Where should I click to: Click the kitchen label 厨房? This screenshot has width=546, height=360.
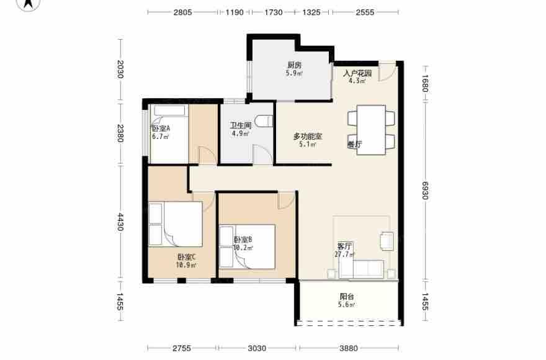294,65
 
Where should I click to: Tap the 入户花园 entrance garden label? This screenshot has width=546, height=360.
357,73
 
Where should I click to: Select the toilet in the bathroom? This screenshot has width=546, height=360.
264,121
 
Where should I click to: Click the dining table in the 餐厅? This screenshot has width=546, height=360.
371,130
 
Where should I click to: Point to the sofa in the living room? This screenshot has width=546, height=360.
362,269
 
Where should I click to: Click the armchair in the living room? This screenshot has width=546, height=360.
387,241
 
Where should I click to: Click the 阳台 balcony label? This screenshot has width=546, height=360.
347,297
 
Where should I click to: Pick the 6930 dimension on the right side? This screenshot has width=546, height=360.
425,191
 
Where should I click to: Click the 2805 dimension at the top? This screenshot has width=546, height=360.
183,12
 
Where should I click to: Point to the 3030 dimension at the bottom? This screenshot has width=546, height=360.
257,348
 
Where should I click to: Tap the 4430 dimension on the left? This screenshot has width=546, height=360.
120,222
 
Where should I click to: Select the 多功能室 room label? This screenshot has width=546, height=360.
308,137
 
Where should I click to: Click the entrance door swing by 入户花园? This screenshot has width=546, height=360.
387,72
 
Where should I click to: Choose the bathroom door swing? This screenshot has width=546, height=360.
262,154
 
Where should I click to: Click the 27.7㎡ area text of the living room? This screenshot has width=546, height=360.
344,254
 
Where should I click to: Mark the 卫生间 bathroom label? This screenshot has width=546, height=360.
240,125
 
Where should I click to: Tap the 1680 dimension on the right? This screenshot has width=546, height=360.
425,83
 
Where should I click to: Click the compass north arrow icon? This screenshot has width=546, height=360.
29,4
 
